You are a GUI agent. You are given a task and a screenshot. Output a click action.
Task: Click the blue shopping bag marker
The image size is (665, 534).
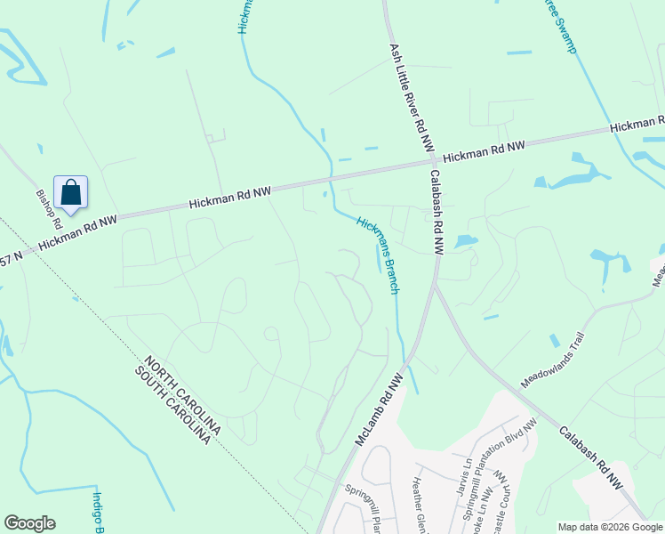pos(70,193)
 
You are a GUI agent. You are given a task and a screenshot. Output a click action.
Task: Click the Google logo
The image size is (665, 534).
pos(29,523)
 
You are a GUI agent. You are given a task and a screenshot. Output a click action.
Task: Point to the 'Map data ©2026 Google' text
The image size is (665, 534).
pos(609,527)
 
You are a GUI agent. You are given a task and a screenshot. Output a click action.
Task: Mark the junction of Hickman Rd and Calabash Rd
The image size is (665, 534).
pos(426,162)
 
